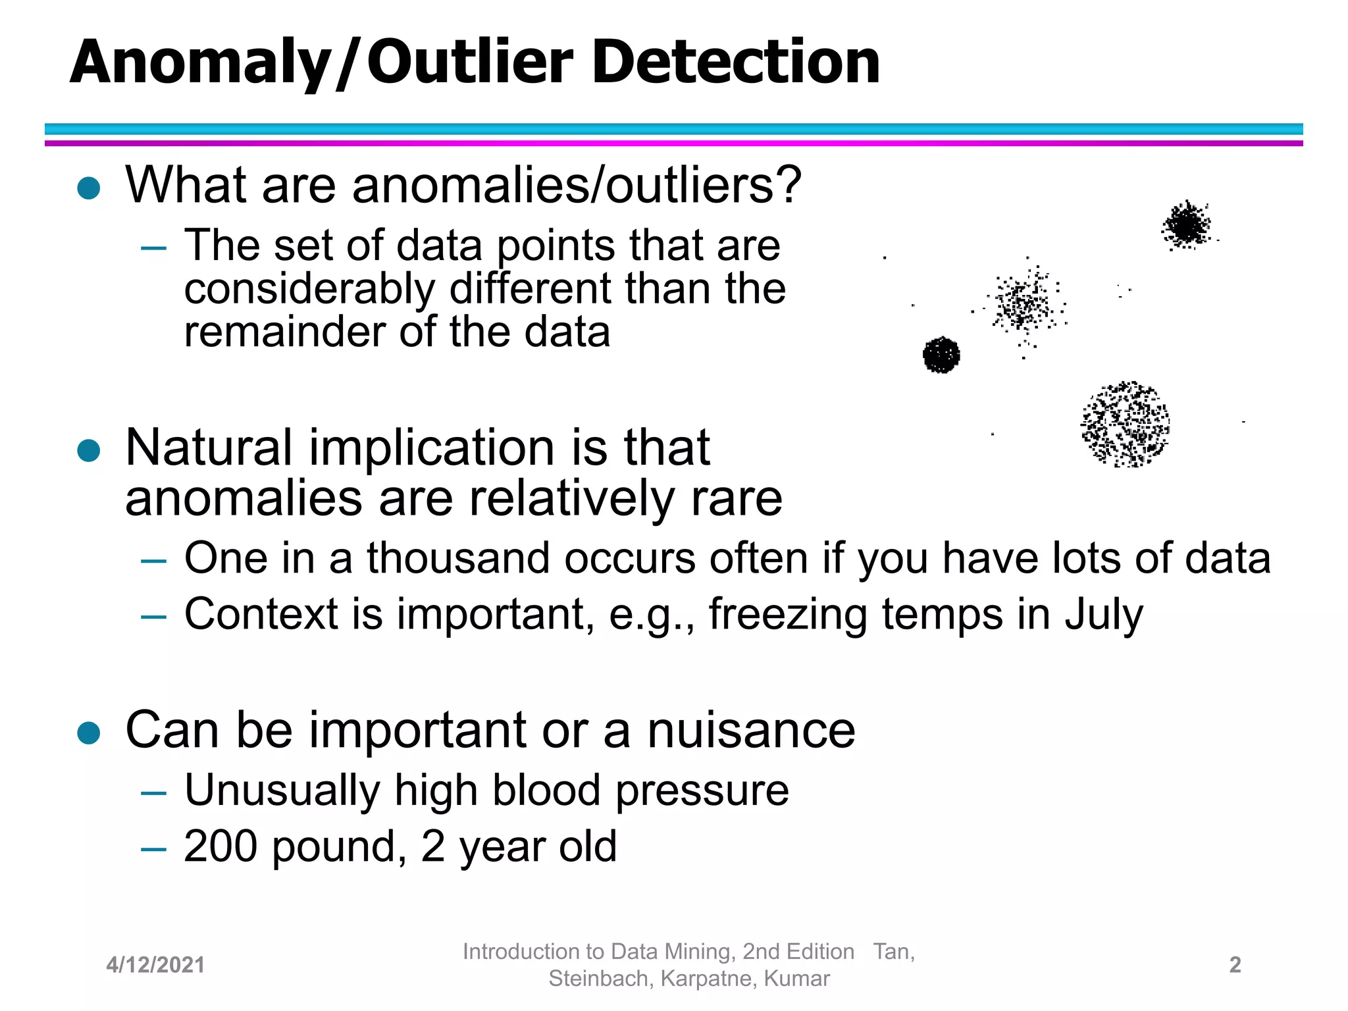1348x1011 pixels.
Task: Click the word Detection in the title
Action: (x=735, y=62)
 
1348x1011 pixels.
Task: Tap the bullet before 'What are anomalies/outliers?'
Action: (x=88, y=188)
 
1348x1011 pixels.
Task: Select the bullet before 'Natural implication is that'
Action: (x=88, y=451)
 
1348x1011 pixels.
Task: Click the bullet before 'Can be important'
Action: (x=88, y=733)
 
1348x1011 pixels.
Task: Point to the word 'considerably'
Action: (x=309, y=290)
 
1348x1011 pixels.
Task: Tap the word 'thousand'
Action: (x=457, y=558)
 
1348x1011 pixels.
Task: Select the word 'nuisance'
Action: (x=751, y=731)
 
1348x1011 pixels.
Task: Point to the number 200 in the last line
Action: (x=220, y=846)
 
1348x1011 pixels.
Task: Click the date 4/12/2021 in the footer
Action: (x=155, y=965)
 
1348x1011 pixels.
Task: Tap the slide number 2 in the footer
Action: (x=1235, y=965)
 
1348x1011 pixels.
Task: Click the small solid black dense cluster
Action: (x=941, y=355)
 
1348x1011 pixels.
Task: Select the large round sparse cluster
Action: (x=1125, y=424)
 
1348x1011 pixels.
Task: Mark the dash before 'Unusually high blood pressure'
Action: (x=153, y=792)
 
